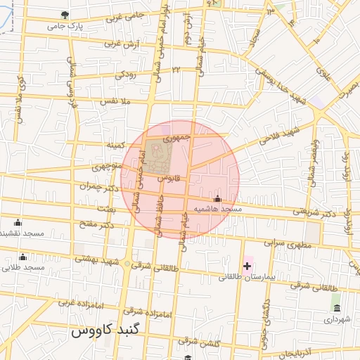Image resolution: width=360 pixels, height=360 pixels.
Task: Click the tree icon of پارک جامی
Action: coord(65,14)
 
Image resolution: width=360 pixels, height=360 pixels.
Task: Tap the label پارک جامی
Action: coord(65,26)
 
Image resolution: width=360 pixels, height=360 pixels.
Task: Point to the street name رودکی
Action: coord(124,73)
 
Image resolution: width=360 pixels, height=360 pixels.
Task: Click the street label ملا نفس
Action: coord(117,103)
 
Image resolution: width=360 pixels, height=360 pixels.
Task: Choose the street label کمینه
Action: coord(115,145)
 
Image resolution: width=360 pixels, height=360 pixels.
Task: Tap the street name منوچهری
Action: coord(106,167)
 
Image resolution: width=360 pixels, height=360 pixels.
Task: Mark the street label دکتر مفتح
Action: coord(97,225)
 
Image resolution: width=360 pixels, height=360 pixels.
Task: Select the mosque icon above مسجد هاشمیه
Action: coord(217,199)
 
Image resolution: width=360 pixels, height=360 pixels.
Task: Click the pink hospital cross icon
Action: coord(247,266)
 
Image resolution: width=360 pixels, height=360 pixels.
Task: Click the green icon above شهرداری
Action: coord(336,308)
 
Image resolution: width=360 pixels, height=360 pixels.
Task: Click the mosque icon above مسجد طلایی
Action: coord(22,257)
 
